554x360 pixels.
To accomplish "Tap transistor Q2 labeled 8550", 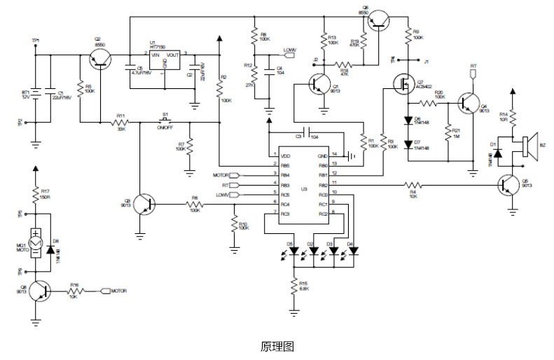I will (99, 62).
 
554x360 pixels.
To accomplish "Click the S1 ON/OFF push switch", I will (166, 120).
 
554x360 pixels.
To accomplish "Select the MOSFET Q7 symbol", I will (403, 83).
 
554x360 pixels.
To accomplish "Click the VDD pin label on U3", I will (286, 155).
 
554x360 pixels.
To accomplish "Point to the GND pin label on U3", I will (323, 155).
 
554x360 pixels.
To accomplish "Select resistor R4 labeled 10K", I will (413, 184).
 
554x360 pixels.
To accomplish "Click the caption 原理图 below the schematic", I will (276, 347).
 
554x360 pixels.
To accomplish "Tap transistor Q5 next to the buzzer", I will (510, 186).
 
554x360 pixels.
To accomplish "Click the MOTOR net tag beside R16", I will (117, 289).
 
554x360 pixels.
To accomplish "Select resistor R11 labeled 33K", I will (120, 123).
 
